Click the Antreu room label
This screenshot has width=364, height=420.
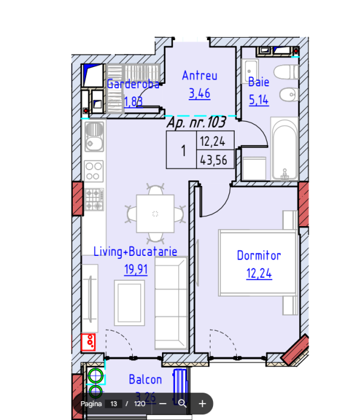click(x=200, y=76)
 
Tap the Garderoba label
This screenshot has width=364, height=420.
click(x=133, y=84)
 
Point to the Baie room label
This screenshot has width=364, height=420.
click(x=258, y=82)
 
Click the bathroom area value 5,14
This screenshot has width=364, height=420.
click(x=258, y=99)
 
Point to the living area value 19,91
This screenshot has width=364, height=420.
click(x=136, y=268)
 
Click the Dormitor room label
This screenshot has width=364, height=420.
click(x=259, y=256)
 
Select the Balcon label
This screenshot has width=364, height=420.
click(x=145, y=380)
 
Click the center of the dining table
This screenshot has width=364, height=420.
click(x=155, y=213)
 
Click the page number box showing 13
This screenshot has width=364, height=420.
click(x=113, y=404)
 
